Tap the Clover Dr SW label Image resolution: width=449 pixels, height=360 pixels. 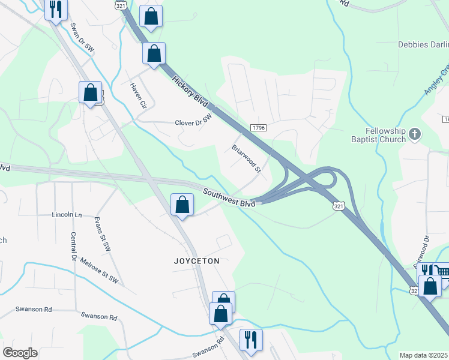[193, 122]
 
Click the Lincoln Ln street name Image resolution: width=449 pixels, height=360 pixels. [67, 214]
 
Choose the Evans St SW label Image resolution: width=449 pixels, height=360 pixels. [103, 234]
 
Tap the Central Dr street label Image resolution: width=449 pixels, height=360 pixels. [74, 247]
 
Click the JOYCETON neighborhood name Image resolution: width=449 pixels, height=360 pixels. [197, 262]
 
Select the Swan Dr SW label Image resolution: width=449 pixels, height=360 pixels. [82, 37]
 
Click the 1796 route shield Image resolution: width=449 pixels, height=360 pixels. [258, 128]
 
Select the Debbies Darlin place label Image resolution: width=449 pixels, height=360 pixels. [423, 44]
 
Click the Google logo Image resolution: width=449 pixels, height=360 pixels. [20, 353]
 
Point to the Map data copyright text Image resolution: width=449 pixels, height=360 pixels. [423, 355]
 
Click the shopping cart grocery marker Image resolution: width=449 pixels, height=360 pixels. [442, 272]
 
